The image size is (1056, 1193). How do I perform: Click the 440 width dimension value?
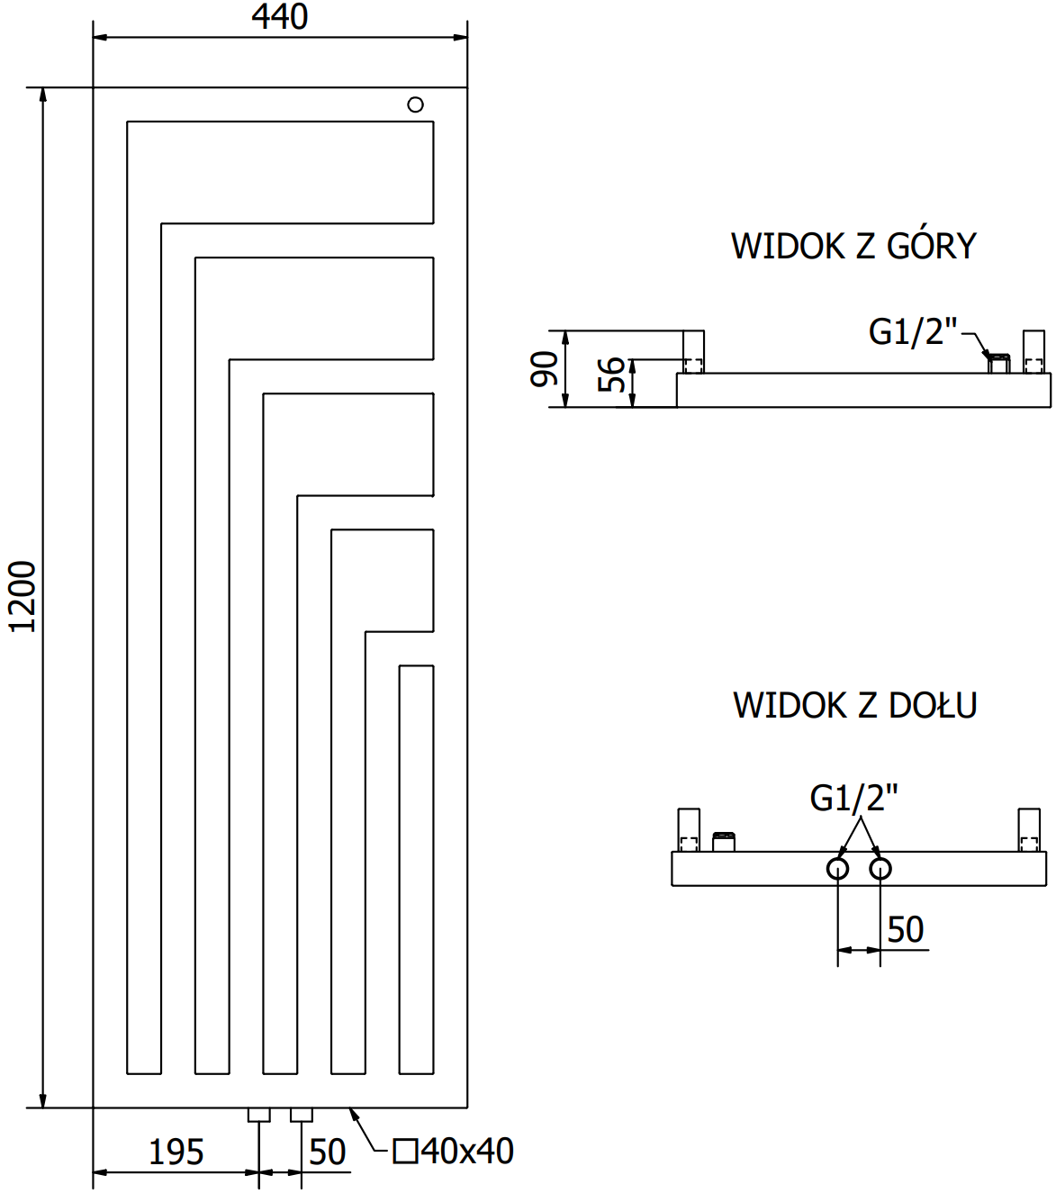pos(280,17)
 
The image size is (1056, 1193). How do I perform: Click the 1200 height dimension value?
pos(23,597)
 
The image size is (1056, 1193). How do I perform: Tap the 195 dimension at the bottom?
pos(176,1152)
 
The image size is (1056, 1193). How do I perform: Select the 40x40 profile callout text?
pos(467,1151)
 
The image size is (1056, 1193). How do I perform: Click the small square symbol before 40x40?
pos(406,1151)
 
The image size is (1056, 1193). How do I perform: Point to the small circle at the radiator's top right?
pos(415,104)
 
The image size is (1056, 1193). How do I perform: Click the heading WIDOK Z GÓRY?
pos(853,246)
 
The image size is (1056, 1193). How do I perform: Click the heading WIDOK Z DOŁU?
pos(854,705)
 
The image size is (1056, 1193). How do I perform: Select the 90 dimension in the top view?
pos(544,369)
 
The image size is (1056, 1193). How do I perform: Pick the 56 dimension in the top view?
pos(612,374)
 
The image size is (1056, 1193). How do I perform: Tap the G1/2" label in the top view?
pos(912,331)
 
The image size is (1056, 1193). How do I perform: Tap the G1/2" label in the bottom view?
pos(853,798)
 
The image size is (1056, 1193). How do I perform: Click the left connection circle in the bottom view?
pos(838,869)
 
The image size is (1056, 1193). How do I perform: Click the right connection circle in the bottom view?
pos(880,869)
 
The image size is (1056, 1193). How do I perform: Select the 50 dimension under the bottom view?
pos(905,929)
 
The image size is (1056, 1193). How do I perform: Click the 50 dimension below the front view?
pos(327,1152)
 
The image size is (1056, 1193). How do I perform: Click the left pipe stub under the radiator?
pos(259,1115)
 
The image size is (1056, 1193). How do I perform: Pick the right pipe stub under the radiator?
pos(302,1115)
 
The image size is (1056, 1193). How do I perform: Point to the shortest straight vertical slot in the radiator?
pos(416,869)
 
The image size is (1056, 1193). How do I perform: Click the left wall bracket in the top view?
pos(693,352)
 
